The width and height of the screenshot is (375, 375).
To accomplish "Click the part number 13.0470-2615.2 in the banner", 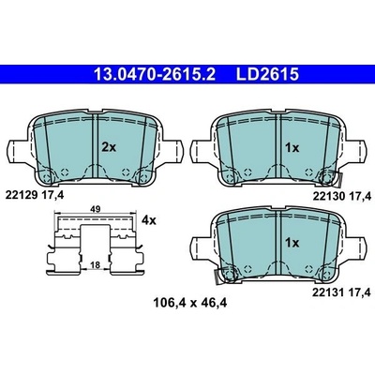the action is (x=155, y=75).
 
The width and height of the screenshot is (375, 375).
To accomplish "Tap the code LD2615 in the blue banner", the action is (x=267, y=75).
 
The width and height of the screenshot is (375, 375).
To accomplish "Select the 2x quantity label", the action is (x=109, y=147).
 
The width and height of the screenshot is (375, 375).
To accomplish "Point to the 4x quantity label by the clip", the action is (x=148, y=220).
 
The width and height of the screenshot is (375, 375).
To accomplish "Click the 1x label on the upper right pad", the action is (x=292, y=148).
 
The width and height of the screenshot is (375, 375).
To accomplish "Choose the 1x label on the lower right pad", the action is (x=292, y=243).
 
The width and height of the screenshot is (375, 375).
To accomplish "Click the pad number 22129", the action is (x=22, y=196).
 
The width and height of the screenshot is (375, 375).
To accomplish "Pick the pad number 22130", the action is (x=328, y=196).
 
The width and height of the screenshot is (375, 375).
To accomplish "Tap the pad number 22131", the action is (x=328, y=292).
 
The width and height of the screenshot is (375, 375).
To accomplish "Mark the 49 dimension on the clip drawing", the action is (x=96, y=209).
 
